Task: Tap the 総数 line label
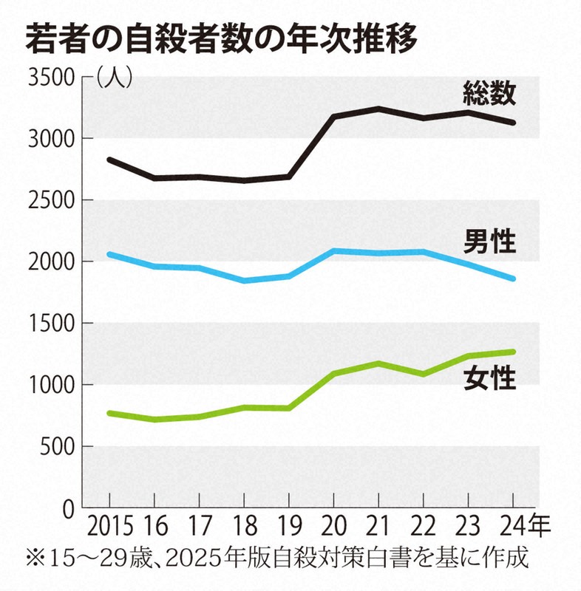tap(489, 93)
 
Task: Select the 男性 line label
tap(489, 241)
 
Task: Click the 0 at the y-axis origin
tap(69, 508)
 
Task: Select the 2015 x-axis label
tap(110, 528)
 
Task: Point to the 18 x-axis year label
tap(245, 528)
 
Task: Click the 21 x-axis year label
tap(378, 528)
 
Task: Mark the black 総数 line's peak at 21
tap(378, 109)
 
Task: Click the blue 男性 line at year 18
tap(245, 281)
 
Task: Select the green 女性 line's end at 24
tap(513, 352)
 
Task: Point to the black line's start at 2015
tap(109, 160)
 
